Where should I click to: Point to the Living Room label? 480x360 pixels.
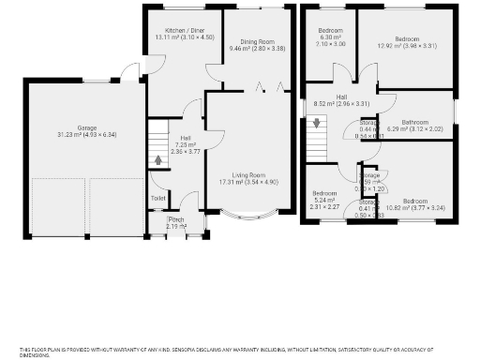pos(249,175)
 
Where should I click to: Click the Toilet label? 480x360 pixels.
pos(157,198)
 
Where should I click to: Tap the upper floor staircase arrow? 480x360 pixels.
pos(316,122)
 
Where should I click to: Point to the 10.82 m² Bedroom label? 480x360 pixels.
pos(415,202)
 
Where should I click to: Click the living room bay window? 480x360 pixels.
pos(249,219)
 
